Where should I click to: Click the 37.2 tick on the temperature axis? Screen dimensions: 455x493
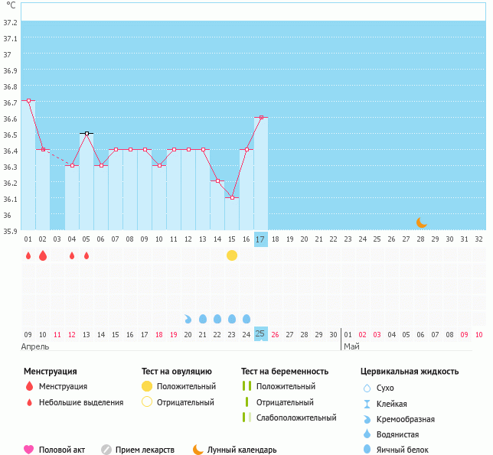coord(10,23)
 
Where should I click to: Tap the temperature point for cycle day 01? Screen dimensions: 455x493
coord(28,100)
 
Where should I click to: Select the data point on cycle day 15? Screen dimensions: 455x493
coord(232,197)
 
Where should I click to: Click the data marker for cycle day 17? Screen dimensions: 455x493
coord(261,117)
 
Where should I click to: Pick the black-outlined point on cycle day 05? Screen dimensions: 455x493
coord(87,133)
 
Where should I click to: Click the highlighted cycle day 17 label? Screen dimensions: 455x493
coord(261,239)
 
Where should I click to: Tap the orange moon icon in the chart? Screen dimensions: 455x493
coord(422,222)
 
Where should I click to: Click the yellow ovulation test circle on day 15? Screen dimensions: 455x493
coord(232,255)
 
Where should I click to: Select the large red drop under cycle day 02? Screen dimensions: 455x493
coord(43,255)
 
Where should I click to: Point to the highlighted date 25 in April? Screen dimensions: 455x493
coord(261,334)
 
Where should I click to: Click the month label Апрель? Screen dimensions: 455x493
coord(36,346)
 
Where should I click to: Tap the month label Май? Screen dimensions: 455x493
coord(351,346)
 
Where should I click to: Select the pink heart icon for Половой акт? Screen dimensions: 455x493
coord(29,450)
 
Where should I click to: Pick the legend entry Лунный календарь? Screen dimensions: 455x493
coord(242,450)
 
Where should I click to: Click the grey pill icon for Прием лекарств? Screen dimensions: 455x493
coord(106,450)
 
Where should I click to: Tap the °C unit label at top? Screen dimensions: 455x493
coord(11,6)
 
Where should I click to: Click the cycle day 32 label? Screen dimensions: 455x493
coord(479,239)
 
